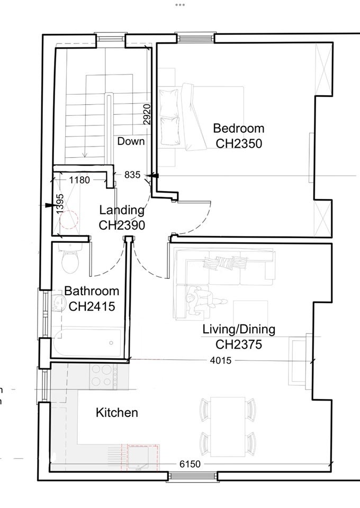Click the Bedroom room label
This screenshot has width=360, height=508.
tap(238, 128)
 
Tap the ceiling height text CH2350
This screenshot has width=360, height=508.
tap(239, 143)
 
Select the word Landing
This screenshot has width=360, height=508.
tap(122, 210)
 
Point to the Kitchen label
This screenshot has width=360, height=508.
tap(117, 412)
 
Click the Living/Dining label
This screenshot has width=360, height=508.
tap(239, 330)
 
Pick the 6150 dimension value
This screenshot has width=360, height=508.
tap(190, 464)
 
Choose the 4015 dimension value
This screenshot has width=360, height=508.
tap(221, 360)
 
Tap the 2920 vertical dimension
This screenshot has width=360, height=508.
tap(147, 114)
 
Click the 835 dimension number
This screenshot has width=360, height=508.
tap(132, 175)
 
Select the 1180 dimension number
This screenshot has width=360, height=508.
tap(79, 180)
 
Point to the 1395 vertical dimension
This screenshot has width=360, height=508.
tap(60, 204)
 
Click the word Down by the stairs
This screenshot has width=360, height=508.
tap(131, 141)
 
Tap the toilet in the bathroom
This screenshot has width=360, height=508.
tap(70, 259)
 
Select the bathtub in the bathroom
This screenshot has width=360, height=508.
tap(87, 343)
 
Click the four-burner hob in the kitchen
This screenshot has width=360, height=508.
tap(104, 376)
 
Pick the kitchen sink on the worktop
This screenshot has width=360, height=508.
tap(138, 457)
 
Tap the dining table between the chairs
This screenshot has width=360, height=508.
tap(228, 427)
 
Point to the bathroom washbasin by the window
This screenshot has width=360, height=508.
tap(57, 303)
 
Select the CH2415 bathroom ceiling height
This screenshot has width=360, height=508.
tap(92, 306)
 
